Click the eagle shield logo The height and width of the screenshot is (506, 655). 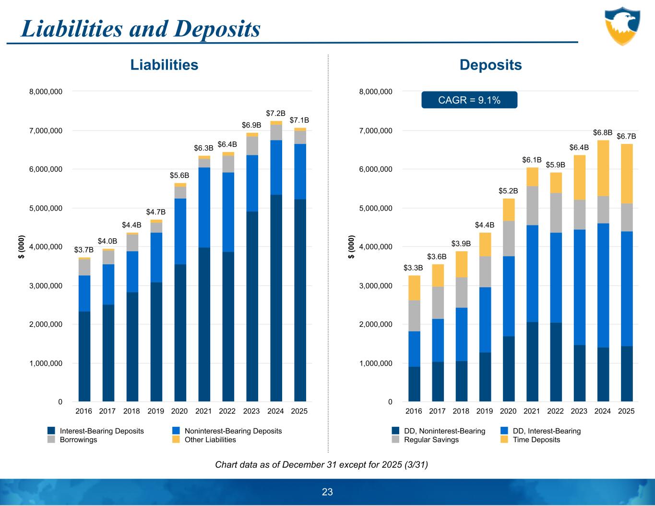point(622,26)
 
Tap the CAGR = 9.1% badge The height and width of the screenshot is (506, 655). point(469,100)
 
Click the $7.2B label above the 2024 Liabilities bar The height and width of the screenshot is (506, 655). point(275,114)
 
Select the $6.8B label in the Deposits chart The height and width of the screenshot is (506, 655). point(603,132)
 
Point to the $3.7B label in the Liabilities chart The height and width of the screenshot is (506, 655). point(84,250)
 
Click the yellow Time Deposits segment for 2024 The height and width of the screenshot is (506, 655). point(603,168)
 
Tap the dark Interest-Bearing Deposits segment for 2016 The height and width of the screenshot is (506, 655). point(84,356)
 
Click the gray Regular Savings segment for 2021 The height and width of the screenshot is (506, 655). point(532,205)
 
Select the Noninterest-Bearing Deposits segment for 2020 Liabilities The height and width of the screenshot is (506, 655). point(180,231)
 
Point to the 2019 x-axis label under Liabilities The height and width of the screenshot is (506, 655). point(155,411)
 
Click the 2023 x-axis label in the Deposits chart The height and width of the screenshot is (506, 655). point(579,411)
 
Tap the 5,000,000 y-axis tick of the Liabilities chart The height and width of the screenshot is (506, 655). point(46,208)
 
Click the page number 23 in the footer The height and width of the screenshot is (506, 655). point(327,492)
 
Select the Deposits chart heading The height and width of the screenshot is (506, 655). point(490,65)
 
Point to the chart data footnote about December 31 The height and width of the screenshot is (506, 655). point(322,465)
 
